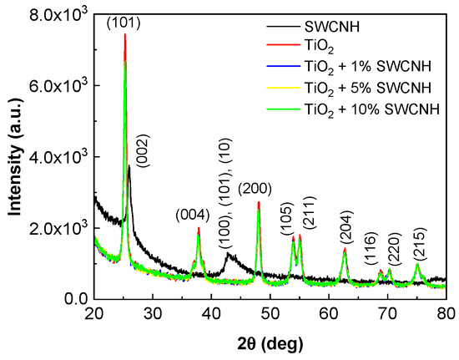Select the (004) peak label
click(x=192, y=215)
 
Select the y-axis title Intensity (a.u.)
click(x=15, y=156)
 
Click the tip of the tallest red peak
click(x=124, y=35)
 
